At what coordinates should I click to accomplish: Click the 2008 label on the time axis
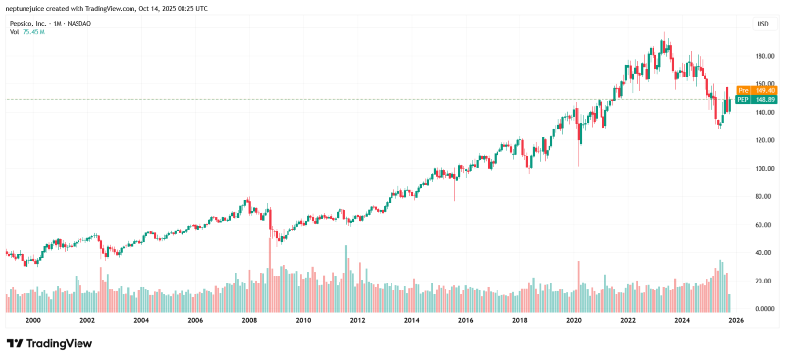(249, 320)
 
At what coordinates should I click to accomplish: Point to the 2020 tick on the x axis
(574, 320)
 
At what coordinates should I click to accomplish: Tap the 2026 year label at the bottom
(736, 320)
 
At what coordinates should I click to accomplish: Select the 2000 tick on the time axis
(33, 320)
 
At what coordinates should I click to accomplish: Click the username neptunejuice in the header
(28, 7)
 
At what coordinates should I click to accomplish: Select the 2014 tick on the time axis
(412, 320)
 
